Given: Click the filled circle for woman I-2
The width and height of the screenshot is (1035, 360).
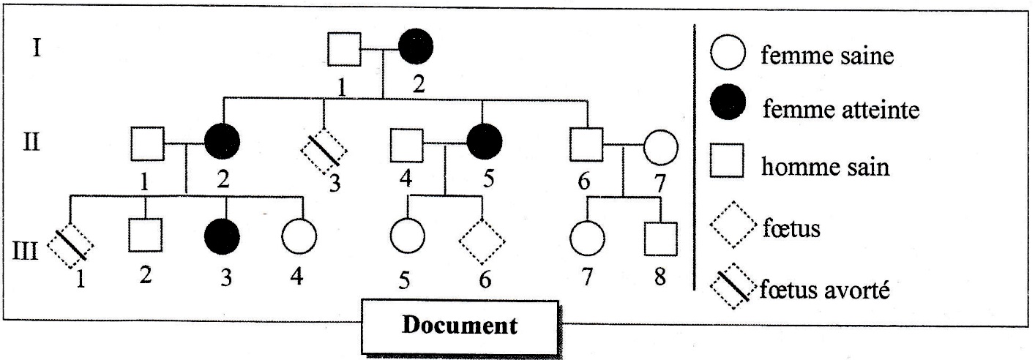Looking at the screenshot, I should point(415,48).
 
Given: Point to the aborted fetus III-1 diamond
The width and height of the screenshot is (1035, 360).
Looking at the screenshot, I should point(70,244).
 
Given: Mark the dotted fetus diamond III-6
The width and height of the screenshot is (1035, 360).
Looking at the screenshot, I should point(482,242).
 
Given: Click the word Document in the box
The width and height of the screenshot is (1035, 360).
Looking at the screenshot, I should point(460,325).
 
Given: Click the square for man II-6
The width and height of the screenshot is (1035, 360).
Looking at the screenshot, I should point(586,145).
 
